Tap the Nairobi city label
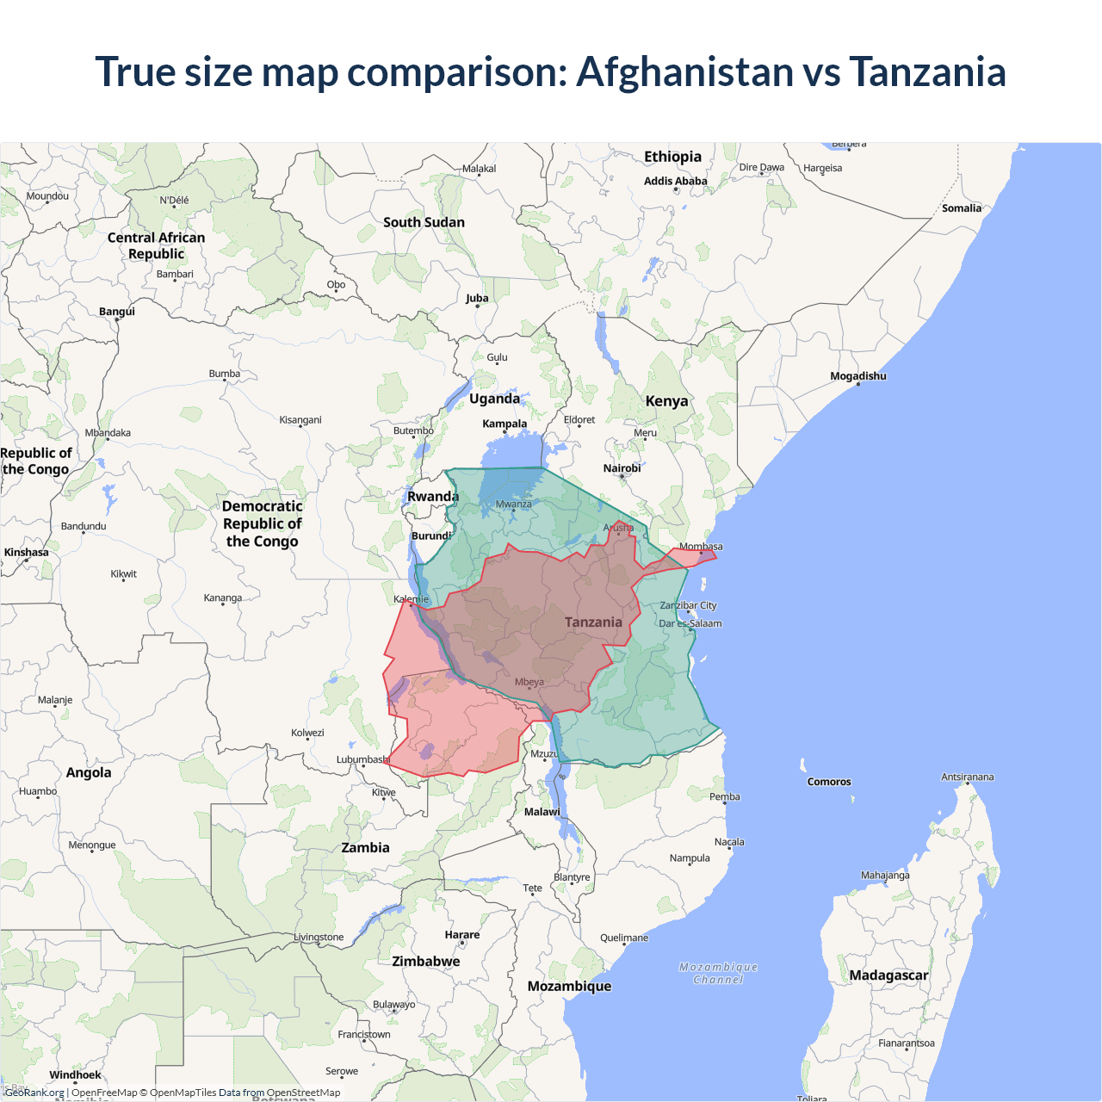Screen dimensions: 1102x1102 click(622, 468)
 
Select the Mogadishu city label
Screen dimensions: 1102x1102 click(857, 376)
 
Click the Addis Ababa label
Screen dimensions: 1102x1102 click(675, 181)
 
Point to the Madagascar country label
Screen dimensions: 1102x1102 click(888, 975)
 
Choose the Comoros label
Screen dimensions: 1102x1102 click(829, 782)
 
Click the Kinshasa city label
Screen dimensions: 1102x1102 click(26, 553)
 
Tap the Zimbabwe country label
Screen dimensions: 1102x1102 click(425, 962)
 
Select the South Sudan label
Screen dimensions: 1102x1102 click(424, 222)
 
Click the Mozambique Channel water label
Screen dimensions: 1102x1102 click(718, 974)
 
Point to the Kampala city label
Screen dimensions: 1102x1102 click(505, 424)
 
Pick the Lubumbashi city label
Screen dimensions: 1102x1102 click(362, 759)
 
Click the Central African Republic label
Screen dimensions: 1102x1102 click(156, 245)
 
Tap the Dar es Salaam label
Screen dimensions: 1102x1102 click(690, 623)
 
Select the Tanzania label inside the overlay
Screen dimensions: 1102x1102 click(593, 622)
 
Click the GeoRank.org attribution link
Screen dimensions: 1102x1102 click(34, 1093)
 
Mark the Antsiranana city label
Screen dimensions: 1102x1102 click(967, 777)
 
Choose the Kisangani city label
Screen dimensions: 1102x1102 click(300, 420)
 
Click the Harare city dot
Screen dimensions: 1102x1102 click(462, 944)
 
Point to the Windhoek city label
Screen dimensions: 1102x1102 click(75, 1074)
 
